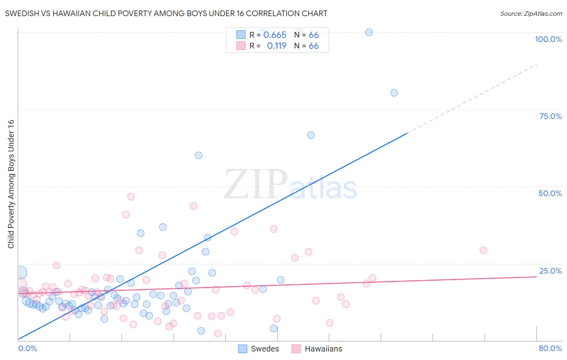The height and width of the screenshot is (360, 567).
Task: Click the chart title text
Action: click(166, 13)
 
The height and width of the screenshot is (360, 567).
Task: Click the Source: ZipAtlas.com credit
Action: click(531, 13)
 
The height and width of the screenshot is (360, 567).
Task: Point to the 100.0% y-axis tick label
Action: click(548, 39)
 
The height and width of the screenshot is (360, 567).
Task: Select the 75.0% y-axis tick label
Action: click(550, 116)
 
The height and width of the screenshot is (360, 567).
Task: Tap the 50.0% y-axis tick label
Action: click(550, 193)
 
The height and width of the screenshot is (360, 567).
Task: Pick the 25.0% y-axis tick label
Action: click(550, 271)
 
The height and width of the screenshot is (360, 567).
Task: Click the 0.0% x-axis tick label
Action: click(27, 348)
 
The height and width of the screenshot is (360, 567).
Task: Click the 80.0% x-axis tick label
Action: click(550, 348)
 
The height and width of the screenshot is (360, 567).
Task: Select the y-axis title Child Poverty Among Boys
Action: click(11, 184)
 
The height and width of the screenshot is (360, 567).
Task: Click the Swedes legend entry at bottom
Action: click(258, 349)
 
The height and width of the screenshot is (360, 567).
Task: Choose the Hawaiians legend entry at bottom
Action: click(317, 349)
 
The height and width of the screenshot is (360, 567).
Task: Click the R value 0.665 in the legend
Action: click(275, 35)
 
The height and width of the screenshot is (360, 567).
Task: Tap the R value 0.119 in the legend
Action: click(276, 46)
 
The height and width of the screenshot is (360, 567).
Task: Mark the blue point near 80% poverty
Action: click(394, 93)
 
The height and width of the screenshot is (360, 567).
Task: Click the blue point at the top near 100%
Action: click(369, 32)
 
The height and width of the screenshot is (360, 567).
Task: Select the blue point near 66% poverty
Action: click(311, 135)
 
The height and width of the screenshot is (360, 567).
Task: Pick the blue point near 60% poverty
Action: click(198, 155)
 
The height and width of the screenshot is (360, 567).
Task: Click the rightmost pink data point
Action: click(483, 250)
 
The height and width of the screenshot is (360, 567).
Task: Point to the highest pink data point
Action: click(131, 197)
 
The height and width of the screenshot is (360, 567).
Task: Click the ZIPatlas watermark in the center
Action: click(290, 185)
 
